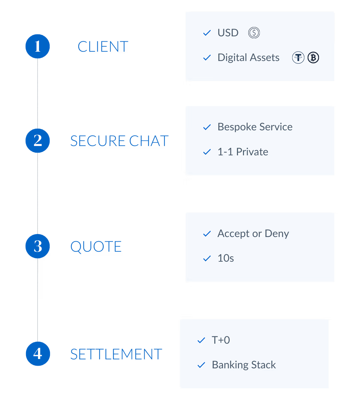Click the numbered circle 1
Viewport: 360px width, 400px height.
[38, 46]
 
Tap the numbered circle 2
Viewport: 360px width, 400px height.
[38, 141]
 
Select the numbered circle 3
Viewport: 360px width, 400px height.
[38, 246]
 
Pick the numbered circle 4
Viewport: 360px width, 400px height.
[38, 353]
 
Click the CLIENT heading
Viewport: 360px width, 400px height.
[103, 47]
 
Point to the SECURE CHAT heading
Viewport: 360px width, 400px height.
[119, 141]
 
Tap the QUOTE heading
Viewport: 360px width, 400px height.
[96, 247]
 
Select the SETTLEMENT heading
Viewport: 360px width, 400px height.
[116, 354]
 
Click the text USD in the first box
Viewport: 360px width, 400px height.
[228, 33]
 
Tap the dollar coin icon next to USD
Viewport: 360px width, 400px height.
[254, 33]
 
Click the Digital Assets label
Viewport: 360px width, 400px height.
[248, 57]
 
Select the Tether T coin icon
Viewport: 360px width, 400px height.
[298, 58]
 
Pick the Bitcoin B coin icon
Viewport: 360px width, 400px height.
[313, 58]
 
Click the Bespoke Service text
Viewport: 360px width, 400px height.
[255, 127]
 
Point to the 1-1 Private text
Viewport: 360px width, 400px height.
[243, 152]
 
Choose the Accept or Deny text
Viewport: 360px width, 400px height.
[253, 233]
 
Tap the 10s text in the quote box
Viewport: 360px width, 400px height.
[226, 258]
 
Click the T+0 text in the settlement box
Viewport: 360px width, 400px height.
[221, 340]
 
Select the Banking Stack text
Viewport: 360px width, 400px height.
[244, 365]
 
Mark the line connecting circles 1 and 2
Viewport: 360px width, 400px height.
[38, 93]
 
